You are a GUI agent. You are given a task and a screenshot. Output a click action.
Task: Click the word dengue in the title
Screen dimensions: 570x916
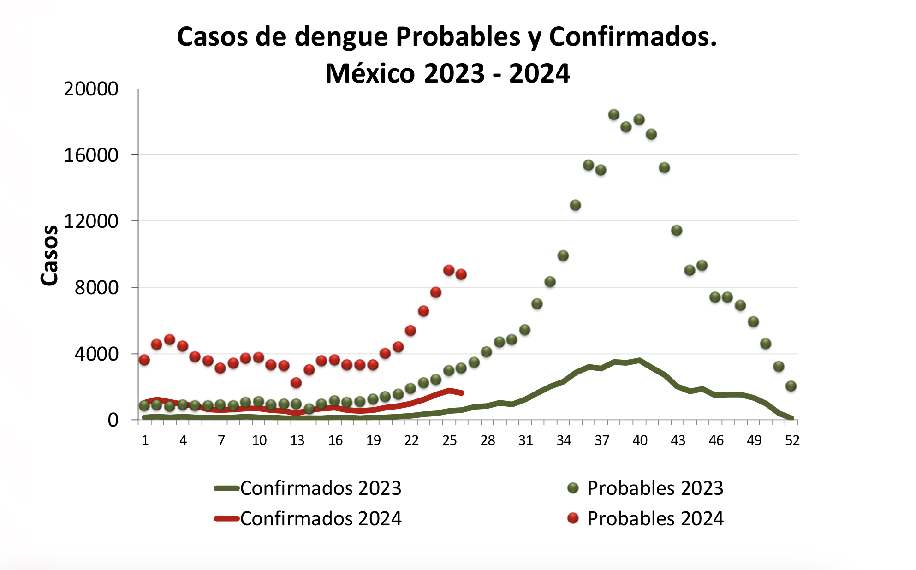click(341, 37)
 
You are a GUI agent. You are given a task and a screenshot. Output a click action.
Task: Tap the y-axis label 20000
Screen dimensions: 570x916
click(91, 89)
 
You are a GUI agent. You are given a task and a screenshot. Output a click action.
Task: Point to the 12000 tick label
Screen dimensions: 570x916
click(91, 221)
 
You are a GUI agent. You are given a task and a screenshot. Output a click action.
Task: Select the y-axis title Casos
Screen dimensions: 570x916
click(50, 256)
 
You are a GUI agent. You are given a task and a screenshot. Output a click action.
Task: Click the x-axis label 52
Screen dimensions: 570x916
click(792, 441)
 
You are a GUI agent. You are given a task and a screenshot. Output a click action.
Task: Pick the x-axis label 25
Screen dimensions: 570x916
click(449, 441)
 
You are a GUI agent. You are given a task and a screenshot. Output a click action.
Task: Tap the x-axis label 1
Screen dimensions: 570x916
click(145, 441)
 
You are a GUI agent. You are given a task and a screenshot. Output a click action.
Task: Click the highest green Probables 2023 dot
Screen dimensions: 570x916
click(613, 115)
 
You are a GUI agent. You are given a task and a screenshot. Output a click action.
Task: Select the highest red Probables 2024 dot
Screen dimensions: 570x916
click(449, 270)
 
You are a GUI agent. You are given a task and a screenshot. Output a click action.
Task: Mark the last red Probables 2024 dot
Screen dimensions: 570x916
click(461, 274)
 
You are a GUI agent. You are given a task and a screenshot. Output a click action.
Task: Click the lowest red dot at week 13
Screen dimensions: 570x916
click(296, 383)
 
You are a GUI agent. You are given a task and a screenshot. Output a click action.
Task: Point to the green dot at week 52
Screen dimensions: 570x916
click(791, 386)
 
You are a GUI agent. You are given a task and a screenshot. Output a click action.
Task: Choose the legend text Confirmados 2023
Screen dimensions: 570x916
click(321, 488)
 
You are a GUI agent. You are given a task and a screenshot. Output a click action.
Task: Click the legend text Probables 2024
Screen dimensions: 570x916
click(655, 519)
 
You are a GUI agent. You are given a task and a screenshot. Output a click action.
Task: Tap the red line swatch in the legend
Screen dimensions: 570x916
click(227, 519)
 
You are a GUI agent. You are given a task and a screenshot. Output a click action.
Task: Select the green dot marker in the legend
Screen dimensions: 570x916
click(573, 488)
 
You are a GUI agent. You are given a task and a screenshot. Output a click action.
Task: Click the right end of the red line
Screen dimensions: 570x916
click(462, 393)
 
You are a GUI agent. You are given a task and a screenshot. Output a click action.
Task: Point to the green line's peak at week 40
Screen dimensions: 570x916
click(639, 360)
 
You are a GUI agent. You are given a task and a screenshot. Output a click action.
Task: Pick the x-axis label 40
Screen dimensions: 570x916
click(640, 441)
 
